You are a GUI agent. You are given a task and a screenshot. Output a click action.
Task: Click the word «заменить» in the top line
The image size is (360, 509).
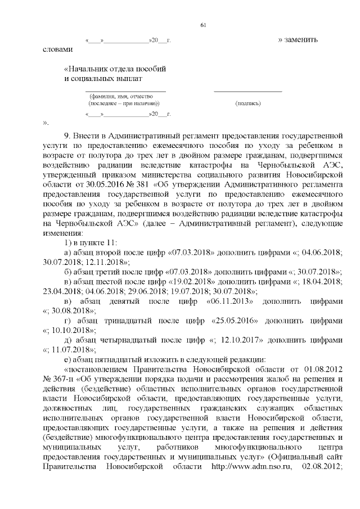coord(303,40)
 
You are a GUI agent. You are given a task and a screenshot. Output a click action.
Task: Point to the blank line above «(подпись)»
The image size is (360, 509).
coord(248,91)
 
